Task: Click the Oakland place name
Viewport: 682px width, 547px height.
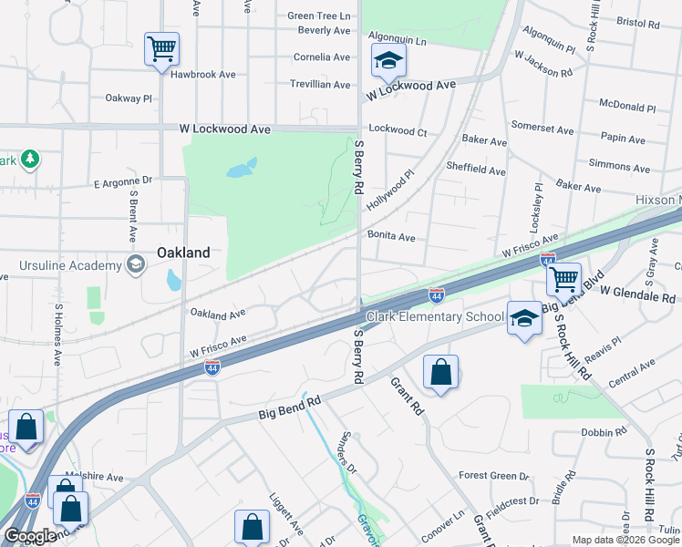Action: [x=183, y=253]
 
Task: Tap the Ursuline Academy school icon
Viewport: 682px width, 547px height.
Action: [x=136, y=265]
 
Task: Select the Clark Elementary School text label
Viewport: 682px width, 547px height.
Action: [x=435, y=317]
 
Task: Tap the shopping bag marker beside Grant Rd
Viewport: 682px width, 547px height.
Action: [x=440, y=372]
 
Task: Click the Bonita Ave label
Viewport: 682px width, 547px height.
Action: [x=391, y=237]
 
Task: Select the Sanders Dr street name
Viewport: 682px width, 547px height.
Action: [x=346, y=454]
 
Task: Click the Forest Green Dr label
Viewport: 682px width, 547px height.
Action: [x=493, y=476]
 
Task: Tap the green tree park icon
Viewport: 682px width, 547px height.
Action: [x=30, y=160]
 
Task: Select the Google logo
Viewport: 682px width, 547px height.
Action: [x=31, y=536]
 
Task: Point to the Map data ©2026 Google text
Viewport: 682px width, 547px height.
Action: [x=626, y=540]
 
